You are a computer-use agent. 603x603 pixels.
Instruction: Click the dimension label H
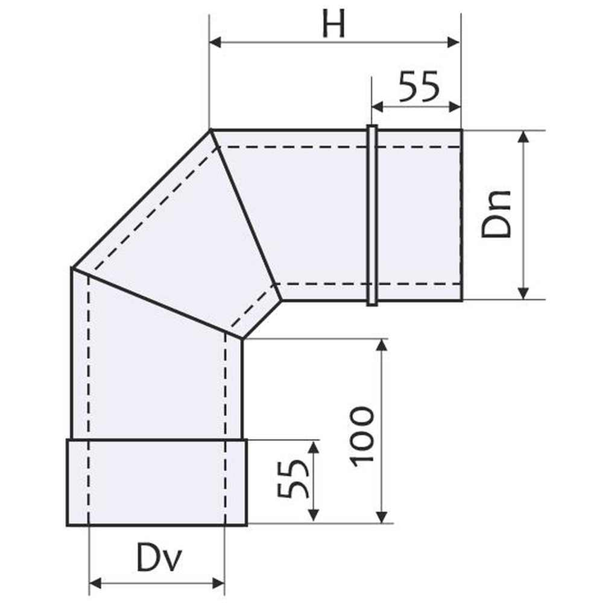tap(333, 25)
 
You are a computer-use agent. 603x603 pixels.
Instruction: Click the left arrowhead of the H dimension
tap(215, 43)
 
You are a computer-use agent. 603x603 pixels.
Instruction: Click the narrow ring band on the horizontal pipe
tap(372, 215)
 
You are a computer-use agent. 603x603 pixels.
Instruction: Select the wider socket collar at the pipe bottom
tap(157, 482)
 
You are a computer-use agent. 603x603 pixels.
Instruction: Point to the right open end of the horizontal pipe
tap(461, 215)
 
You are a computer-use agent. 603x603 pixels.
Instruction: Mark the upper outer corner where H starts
tap(210, 130)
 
